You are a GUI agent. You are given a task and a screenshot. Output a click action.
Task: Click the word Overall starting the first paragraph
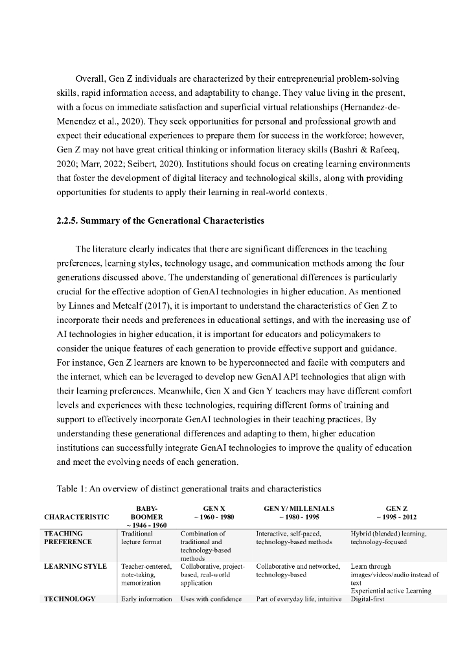pyautogui.click(x=91, y=78)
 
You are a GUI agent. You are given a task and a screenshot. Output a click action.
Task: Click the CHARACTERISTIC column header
pyautogui.click(x=76, y=517)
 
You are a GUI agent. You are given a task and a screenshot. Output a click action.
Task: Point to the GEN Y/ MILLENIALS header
pyautogui.click(x=299, y=508)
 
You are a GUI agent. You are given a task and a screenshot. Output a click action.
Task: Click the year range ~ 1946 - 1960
pyautogui.click(x=146, y=525)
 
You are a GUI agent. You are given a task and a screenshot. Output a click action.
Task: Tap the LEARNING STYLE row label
pyautogui.click(x=75, y=566)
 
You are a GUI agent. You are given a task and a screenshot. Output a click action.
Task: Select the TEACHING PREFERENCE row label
pyautogui.click(x=67, y=538)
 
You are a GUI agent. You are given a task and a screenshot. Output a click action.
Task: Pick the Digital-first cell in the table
pyautogui.click(x=368, y=599)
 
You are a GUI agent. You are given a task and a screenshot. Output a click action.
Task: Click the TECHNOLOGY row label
pyautogui.click(x=69, y=599)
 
